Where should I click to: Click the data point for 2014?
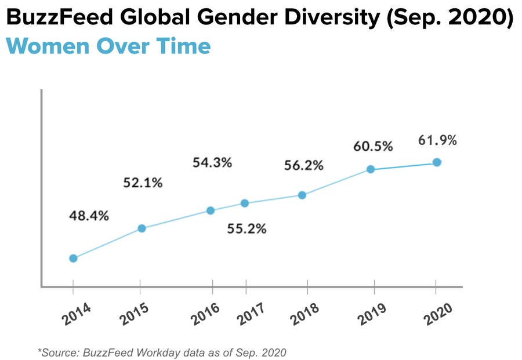[73, 258]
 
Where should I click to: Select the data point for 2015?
[141, 228]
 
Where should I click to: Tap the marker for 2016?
[211, 210]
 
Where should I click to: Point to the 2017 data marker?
[245, 203]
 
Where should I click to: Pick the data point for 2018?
[302, 195]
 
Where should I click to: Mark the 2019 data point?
[370, 169]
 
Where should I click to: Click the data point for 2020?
[437, 162]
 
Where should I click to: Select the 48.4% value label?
[89, 216]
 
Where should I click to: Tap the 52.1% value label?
[143, 183]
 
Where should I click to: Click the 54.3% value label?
[212, 162]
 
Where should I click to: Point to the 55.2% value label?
[246, 228]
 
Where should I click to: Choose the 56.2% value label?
[303, 165]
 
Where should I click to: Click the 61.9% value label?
[437, 140]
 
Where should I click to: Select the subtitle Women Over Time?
[108, 46]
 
